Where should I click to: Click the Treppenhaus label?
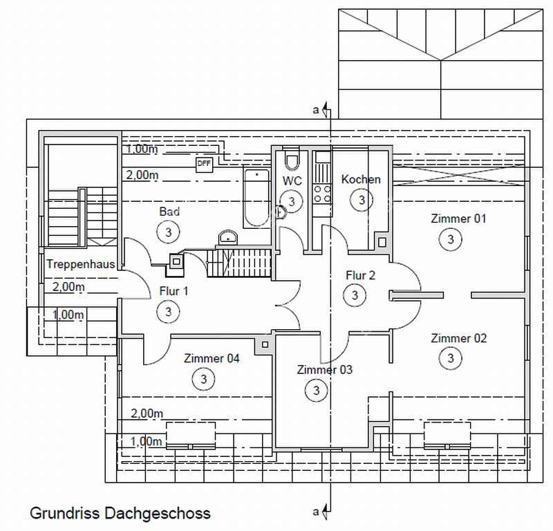[x=80, y=264]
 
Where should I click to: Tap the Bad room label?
[x=169, y=212]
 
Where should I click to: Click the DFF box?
[x=204, y=164]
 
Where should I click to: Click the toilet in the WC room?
[x=292, y=162]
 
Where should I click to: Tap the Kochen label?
[x=361, y=180]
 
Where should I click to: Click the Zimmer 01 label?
[x=458, y=219]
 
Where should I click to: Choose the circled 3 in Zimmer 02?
[x=451, y=358]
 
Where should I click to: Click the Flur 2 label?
[x=360, y=275]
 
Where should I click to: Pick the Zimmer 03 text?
[x=324, y=370]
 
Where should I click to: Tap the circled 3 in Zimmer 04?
[x=203, y=379]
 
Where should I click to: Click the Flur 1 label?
[x=174, y=291]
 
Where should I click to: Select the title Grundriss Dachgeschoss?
[x=120, y=514]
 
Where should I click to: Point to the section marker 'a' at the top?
[x=317, y=110]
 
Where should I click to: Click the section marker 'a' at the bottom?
[x=317, y=512]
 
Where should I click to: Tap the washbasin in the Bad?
[x=227, y=239]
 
